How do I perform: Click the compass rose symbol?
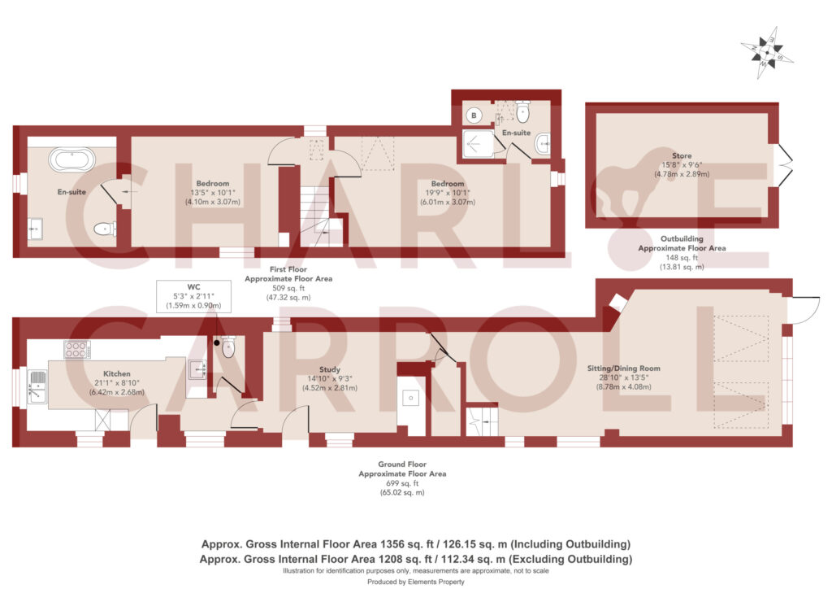[767, 53]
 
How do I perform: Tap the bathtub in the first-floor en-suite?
[72, 159]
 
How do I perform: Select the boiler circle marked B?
[474, 115]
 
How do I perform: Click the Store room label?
[682, 155]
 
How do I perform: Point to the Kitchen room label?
[117, 373]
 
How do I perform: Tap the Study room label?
[330, 369]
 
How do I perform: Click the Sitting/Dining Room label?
[623, 368]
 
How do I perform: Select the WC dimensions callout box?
[193, 296]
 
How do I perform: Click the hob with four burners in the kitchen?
[76, 349]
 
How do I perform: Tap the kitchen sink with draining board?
[37, 386]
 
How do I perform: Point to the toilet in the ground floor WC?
[228, 347]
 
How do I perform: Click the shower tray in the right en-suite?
[478, 143]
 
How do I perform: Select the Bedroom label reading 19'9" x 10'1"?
[448, 193]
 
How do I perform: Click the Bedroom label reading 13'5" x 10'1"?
[212, 193]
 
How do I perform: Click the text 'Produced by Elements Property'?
[415, 582]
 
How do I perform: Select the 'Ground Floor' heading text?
[402, 465]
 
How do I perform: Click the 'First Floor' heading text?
[288, 269]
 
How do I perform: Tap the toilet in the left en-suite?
[105, 229]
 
